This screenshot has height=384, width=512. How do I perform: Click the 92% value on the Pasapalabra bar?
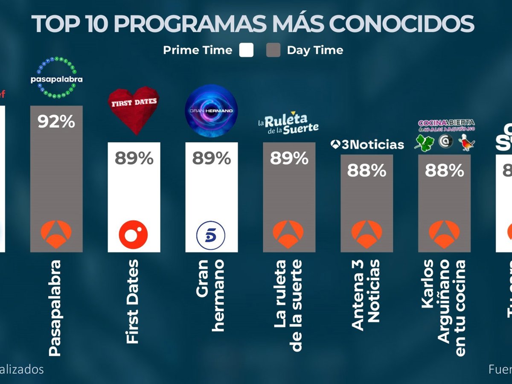pos(56,122)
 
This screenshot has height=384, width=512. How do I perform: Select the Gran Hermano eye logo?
pos(211,110)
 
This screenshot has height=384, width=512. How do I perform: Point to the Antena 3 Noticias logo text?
pos(367,145)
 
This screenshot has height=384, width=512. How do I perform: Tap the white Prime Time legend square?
pos(246,50)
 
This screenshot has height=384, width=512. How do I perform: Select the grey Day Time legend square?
pos(273,50)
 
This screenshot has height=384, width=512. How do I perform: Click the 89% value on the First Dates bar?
pos(134,159)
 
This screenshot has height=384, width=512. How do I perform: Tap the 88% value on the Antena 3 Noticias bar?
pos(367,171)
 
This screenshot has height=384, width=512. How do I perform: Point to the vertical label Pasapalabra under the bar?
pos(55,307)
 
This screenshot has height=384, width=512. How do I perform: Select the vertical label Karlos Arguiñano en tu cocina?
pos(444,307)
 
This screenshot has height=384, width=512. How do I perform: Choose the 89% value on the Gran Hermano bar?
pos(211,159)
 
